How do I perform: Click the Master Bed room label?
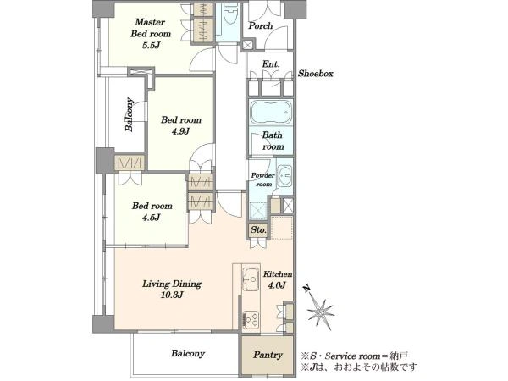[x=151, y=28]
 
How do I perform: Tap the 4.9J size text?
[x=180, y=131]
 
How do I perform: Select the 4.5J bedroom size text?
[x=152, y=218]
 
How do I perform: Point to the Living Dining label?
[x=172, y=284]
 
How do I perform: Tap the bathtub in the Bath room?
[x=271, y=113]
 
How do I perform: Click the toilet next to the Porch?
[x=230, y=16]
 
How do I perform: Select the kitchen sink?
[x=251, y=279]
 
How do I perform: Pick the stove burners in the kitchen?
[x=251, y=320]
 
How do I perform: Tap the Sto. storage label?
[x=258, y=230]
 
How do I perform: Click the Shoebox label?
[x=315, y=74]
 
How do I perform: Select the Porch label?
[x=261, y=25]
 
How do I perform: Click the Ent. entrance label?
[x=271, y=64]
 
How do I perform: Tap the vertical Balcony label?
[x=130, y=114]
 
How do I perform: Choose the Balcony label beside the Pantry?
[x=188, y=353]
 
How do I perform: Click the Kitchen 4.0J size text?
[x=277, y=285]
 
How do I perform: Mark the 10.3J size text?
[x=172, y=295]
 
